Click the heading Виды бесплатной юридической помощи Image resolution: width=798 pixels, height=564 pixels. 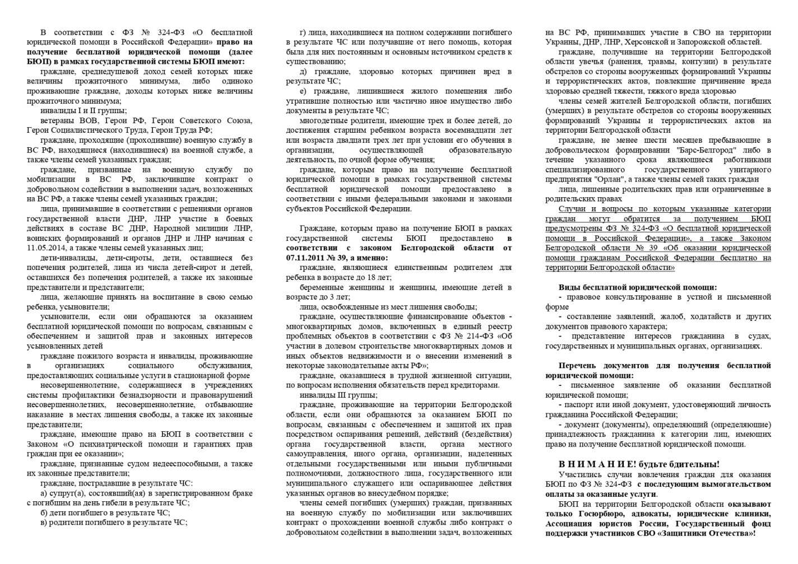[638, 287]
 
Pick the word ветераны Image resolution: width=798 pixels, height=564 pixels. [59, 120]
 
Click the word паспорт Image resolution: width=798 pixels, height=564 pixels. [583, 404]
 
